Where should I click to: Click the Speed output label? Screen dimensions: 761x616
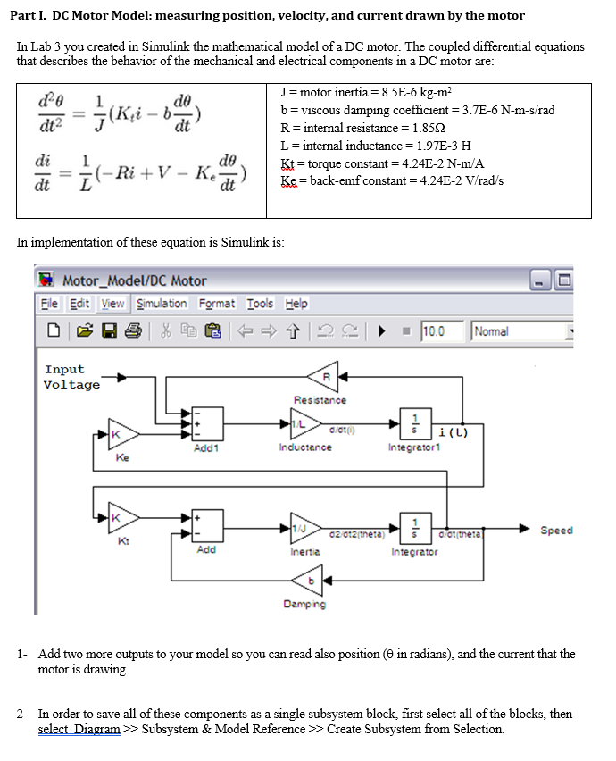click(557, 530)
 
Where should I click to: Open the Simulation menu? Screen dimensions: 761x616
click(162, 304)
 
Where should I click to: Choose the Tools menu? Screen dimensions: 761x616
click(260, 304)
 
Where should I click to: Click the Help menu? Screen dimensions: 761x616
click(296, 304)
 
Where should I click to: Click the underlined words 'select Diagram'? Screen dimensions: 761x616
click(79, 729)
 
